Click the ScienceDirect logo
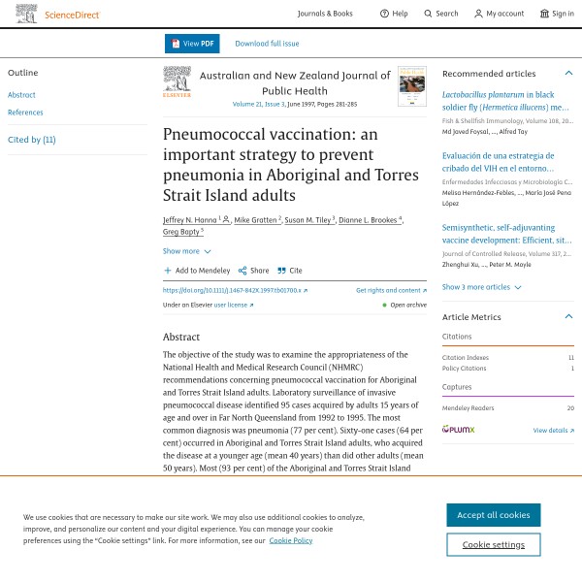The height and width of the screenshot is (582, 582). point(57,14)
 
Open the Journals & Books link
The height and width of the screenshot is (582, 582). point(325,14)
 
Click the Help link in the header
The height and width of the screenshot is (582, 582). point(394,14)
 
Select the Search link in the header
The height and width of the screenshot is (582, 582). point(440,14)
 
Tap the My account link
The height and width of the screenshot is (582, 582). point(499,14)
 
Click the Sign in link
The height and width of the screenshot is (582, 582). point(557,14)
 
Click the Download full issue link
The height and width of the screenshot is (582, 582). point(267,44)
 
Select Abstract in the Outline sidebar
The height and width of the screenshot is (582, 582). point(21,95)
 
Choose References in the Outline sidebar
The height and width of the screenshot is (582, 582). point(25,113)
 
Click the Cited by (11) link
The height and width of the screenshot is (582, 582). point(32,140)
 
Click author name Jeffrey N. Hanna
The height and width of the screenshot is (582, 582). point(190,220)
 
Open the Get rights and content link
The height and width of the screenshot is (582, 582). point(390,290)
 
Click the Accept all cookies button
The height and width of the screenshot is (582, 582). point(493,515)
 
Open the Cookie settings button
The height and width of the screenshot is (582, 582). point(493,544)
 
